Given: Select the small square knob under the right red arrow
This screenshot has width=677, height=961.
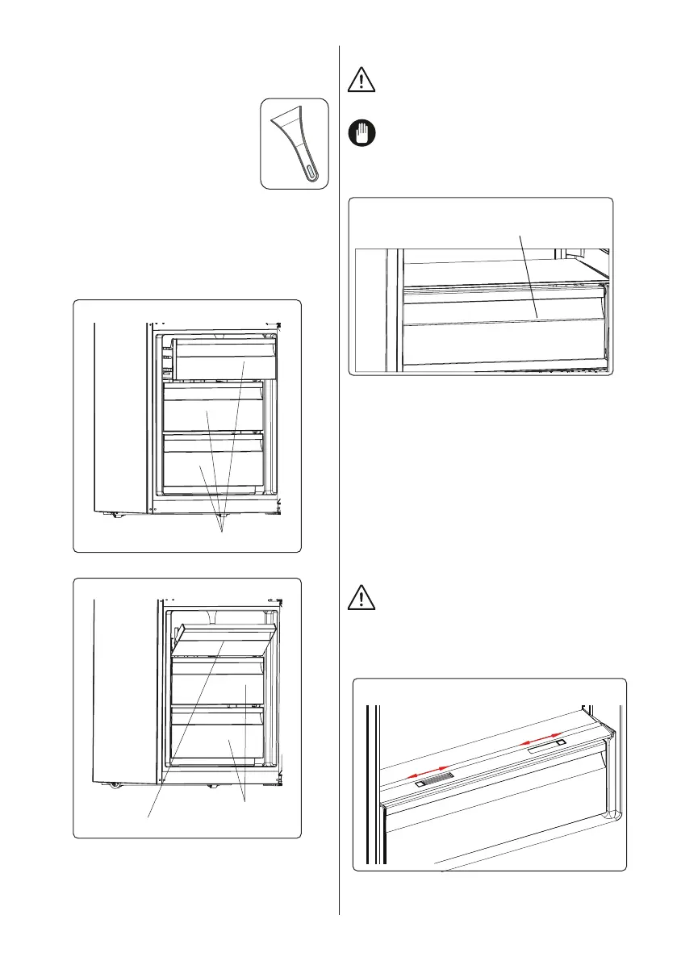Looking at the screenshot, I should click(560, 742).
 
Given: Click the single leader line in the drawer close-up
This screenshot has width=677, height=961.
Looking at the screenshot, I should click(530, 274).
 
